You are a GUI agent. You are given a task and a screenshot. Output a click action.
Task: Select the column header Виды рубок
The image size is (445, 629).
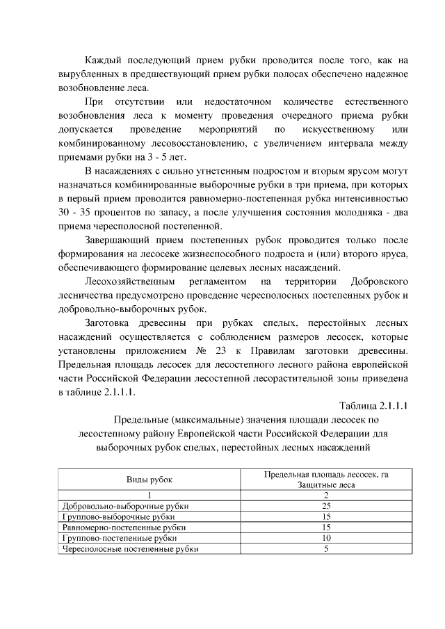[x=148, y=480]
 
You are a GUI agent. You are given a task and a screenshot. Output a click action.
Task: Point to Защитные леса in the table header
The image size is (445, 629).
[x=326, y=484]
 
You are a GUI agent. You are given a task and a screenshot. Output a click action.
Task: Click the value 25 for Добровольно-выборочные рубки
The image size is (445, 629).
[x=326, y=507]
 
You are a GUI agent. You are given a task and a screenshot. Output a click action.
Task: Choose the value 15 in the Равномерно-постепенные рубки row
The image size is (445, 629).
[x=326, y=528]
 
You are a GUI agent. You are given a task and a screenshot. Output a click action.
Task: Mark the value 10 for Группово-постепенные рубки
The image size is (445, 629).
[x=326, y=538]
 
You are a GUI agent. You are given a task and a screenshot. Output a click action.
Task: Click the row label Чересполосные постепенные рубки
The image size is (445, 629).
[x=129, y=549]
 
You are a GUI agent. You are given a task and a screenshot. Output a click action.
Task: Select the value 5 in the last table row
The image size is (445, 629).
[x=326, y=549]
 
